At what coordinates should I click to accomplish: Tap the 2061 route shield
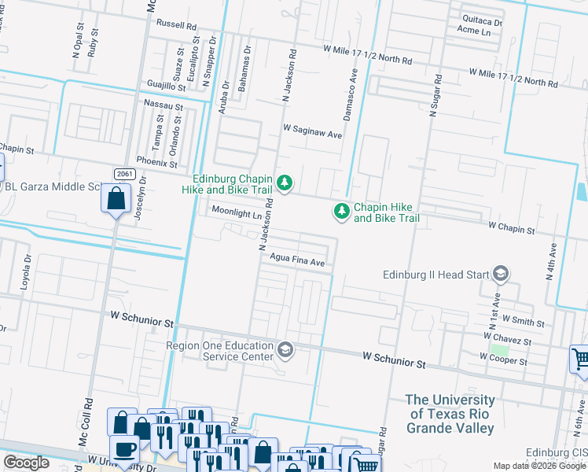(x=123, y=173)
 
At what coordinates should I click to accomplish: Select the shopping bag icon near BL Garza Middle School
(x=116, y=199)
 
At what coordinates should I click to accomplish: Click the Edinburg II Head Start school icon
(x=499, y=275)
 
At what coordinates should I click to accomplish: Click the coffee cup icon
(x=123, y=449)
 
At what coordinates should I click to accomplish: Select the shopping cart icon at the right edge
(x=580, y=360)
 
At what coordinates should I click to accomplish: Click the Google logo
(x=27, y=463)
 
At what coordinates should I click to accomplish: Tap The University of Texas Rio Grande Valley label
(x=450, y=414)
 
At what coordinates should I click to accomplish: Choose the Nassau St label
(x=163, y=104)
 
